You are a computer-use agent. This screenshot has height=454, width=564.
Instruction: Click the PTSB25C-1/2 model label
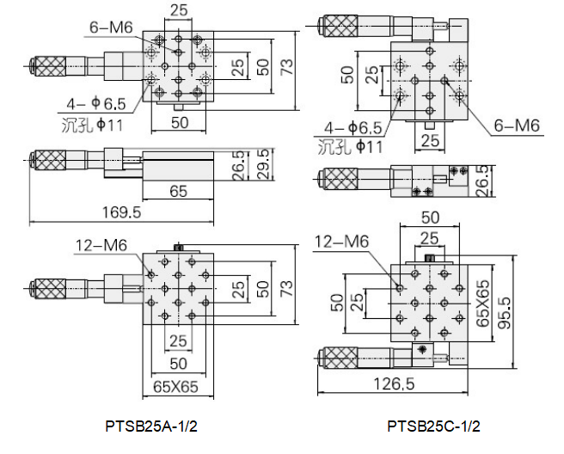433,425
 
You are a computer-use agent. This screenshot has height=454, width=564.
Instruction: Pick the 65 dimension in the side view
178,191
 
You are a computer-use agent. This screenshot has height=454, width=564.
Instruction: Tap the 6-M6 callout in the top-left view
110,28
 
